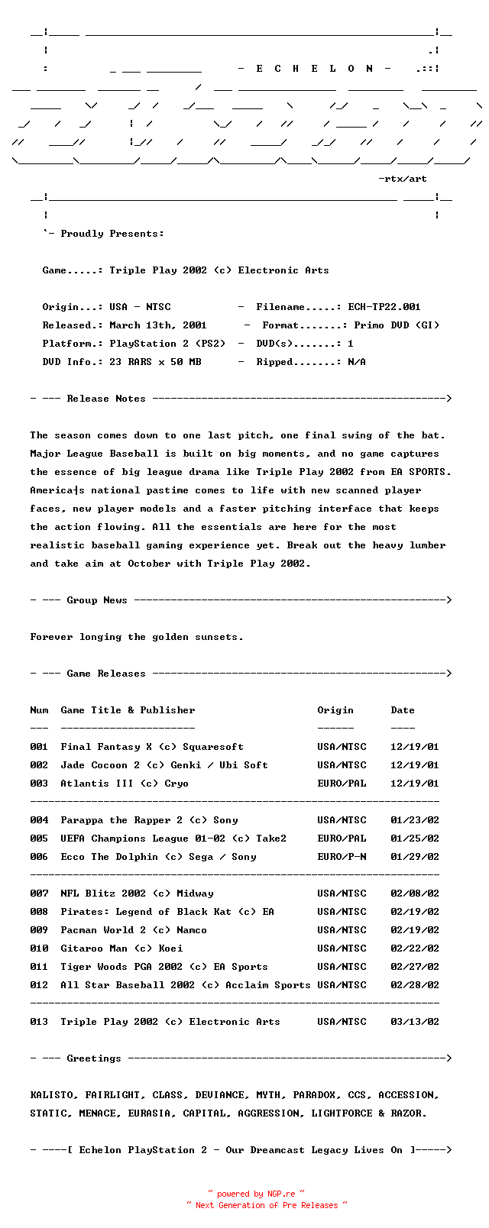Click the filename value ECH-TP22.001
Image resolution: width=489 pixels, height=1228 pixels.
(x=384, y=307)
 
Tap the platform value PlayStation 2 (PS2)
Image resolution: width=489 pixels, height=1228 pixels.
(x=167, y=344)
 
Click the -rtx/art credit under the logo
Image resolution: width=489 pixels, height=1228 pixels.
(x=403, y=179)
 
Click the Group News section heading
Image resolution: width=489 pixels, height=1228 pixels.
(x=97, y=600)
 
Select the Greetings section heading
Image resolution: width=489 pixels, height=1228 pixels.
(x=94, y=1058)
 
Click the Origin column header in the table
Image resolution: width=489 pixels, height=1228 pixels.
(x=335, y=710)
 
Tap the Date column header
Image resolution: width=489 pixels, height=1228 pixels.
(x=403, y=710)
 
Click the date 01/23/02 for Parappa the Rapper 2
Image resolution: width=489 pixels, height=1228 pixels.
(x=415, y=820)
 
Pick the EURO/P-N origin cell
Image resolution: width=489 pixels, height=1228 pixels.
(x=342, y=857)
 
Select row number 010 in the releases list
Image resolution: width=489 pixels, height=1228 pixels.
(x=39, y=948)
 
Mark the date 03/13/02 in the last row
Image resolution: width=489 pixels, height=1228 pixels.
(x=415, y=1022)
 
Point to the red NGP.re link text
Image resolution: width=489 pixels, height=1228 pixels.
(x=280, y=1194)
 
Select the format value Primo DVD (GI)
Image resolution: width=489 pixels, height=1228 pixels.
(x=397, y=325)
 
